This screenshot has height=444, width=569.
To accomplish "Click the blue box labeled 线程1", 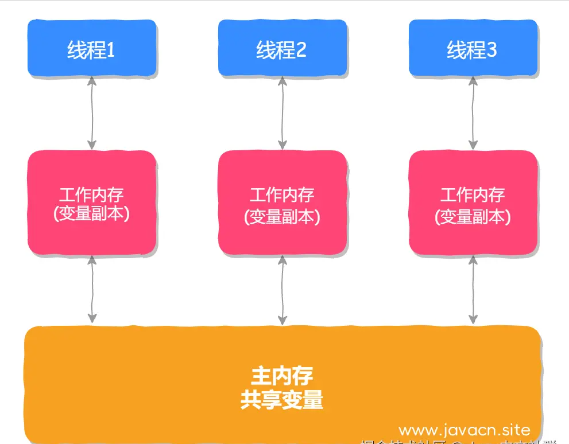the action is (92, 48).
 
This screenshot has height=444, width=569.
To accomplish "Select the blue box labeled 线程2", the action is (282, 48).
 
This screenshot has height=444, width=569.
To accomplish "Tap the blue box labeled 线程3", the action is (473, 48).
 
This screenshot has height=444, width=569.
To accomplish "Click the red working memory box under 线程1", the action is (92, 203).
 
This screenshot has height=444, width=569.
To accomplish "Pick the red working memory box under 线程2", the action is (282, 203).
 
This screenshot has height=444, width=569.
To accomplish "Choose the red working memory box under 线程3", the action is (473, 203).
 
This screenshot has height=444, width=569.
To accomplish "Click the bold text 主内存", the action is (282, 376).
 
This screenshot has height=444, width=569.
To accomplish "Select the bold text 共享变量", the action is (282, 400).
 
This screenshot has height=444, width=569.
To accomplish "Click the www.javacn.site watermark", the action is (465, 430).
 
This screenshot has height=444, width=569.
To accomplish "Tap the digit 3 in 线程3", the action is (491, 50).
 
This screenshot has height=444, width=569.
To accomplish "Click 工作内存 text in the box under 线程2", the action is (282, 194).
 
